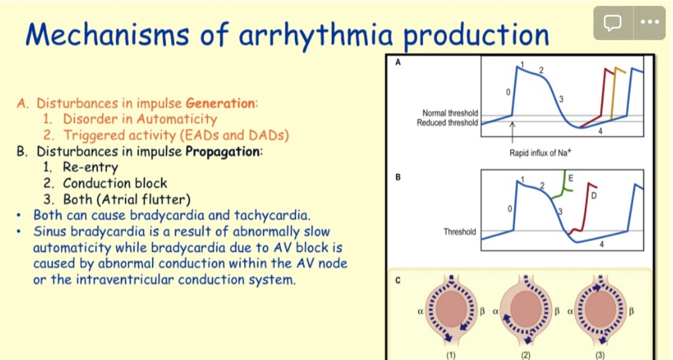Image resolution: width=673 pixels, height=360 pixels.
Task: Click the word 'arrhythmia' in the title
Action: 298,35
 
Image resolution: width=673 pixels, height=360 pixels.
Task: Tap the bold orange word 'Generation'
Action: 220,103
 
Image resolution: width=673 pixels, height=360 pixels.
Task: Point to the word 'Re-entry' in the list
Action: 90,167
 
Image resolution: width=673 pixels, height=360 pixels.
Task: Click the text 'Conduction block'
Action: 115,183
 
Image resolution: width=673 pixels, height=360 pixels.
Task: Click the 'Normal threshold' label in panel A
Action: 450,113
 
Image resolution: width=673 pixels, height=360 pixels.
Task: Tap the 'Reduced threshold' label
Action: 447,123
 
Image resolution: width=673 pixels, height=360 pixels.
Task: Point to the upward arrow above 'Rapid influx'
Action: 512,132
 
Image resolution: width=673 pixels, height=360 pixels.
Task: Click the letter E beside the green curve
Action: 571,178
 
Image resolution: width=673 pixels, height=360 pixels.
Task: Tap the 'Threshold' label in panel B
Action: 460,232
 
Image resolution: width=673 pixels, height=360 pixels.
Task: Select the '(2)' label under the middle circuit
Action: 526,355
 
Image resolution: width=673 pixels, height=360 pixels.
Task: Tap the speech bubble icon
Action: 613,23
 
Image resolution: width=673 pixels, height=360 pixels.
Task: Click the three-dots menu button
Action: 649,23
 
